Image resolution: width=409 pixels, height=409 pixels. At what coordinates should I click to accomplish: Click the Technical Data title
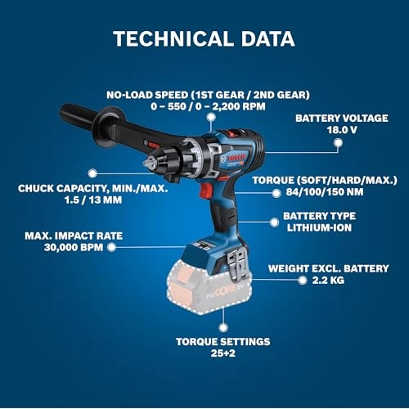point(204,38)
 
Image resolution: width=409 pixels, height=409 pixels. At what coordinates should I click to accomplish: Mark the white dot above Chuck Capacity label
point(92,173)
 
